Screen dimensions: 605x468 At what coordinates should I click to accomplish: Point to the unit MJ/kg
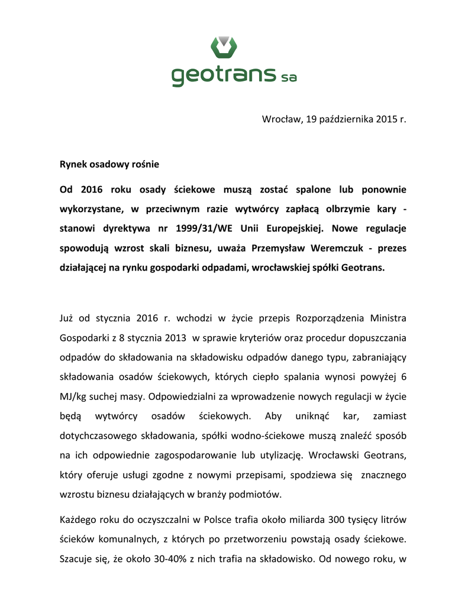coord(73,397)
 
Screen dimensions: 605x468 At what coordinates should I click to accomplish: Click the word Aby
coord(273,417)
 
